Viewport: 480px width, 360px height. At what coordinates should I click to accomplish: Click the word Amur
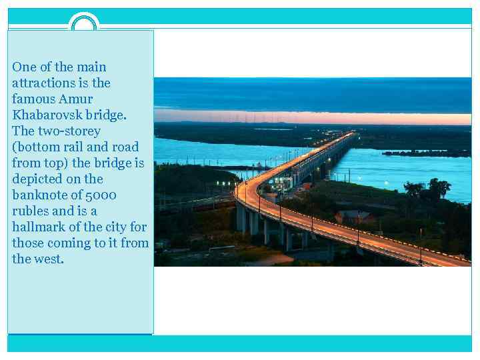pos(76,99)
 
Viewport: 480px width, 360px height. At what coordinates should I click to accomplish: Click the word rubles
pos(29,211)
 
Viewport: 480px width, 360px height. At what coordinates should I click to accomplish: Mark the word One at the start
pos(24,67)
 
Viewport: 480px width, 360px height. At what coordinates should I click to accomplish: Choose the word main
pos(91,67)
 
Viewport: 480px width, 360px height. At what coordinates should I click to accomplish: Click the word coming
pos(69,243)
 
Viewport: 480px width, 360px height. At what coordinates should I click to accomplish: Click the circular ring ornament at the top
pos(84,25)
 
